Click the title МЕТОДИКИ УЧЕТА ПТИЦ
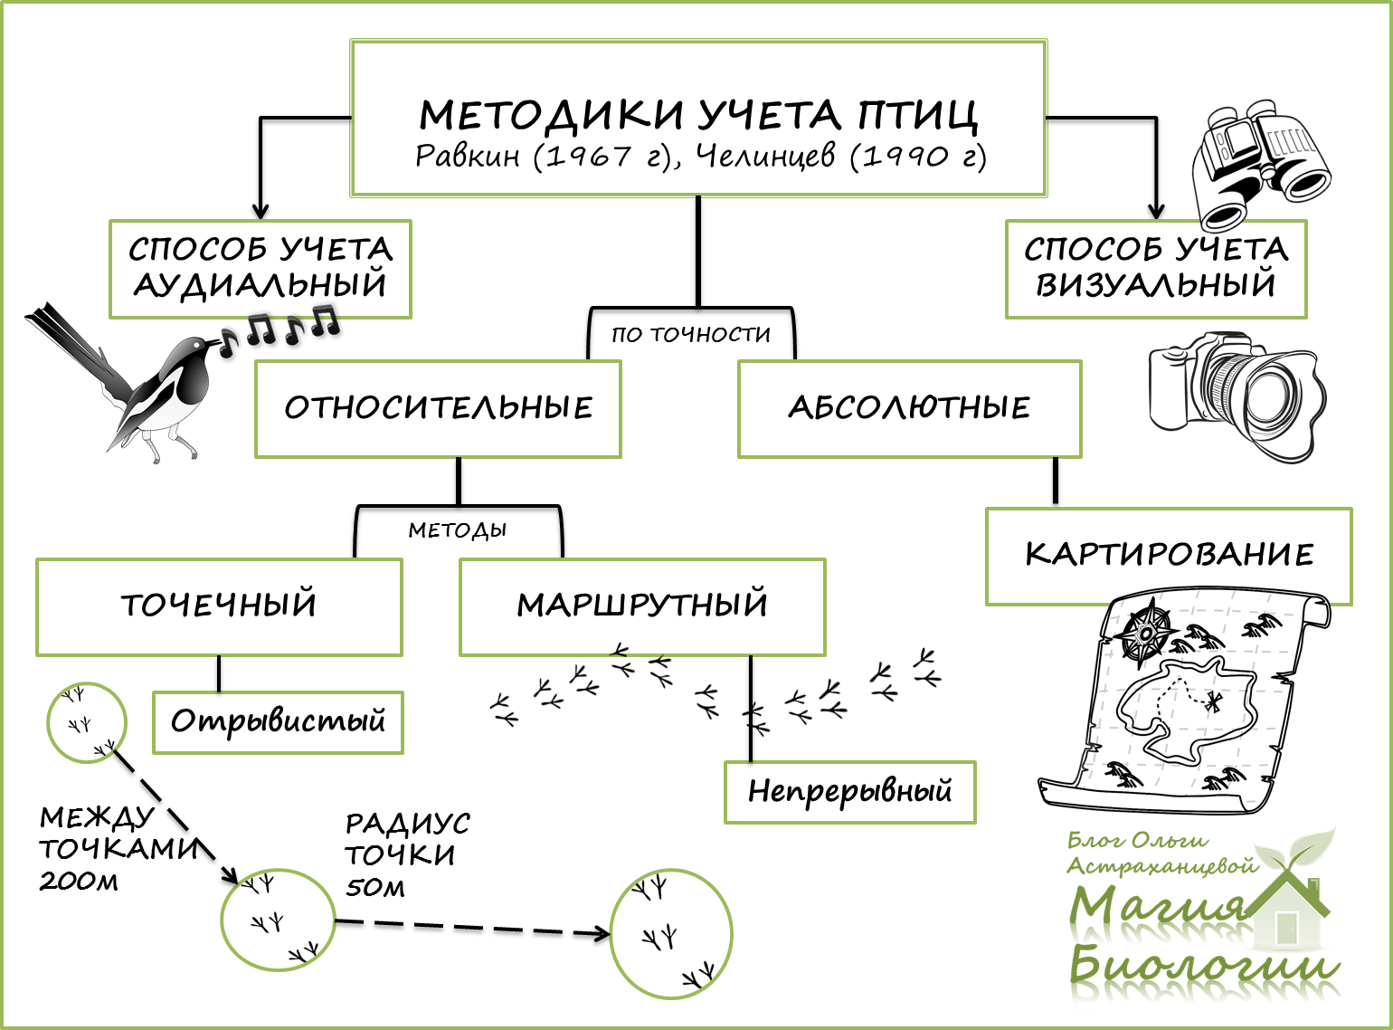pos(698,115)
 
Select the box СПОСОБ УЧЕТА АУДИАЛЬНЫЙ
pos(261,268)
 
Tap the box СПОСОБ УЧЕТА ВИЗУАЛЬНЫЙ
pos(1155,268)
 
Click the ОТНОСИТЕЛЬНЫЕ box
pos(438,408)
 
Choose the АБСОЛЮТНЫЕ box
pos(909,408)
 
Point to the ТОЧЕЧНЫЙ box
pos(219,606)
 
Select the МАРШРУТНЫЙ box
pos(642,606)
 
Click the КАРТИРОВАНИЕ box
pos(1169,555)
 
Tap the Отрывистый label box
pos(278,722)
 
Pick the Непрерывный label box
pos(849,792)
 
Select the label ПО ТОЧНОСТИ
pos(691,335)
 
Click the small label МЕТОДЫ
pos(457,530)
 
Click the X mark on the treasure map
pos(1212,701)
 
